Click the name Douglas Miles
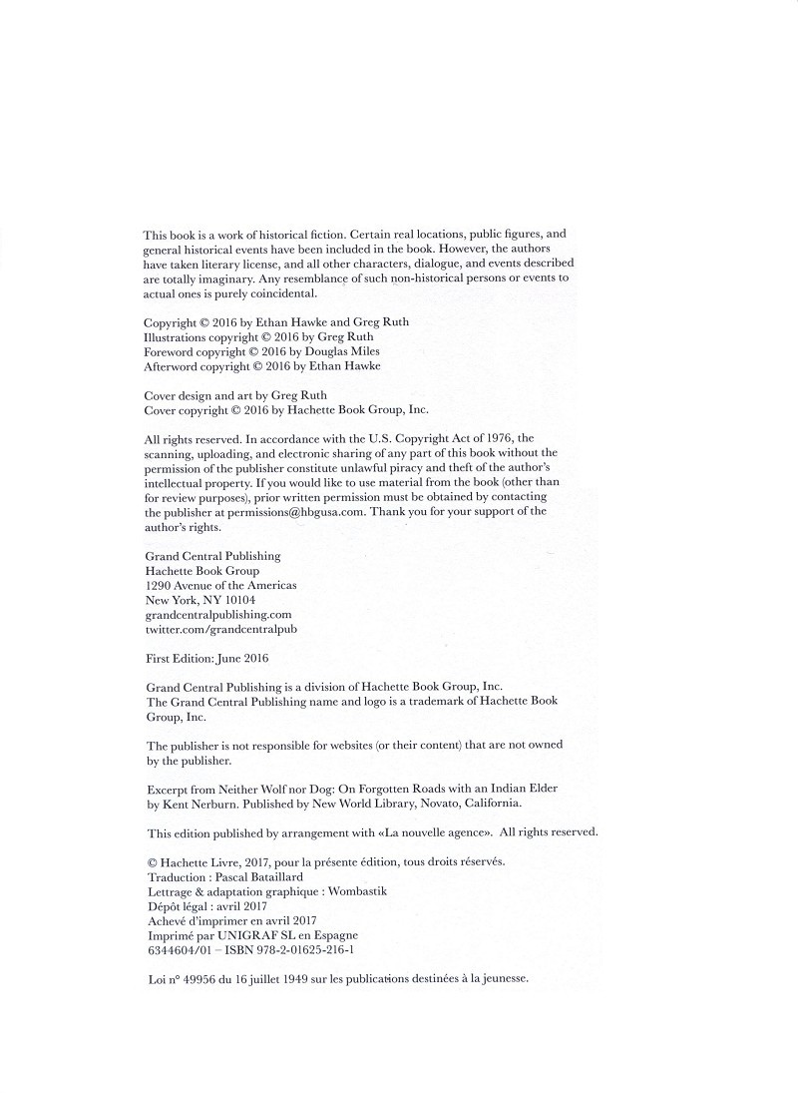pos(344,351)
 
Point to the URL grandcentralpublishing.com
pos(218,615)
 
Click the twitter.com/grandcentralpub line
pos(221,630)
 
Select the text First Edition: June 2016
pos(207,659)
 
